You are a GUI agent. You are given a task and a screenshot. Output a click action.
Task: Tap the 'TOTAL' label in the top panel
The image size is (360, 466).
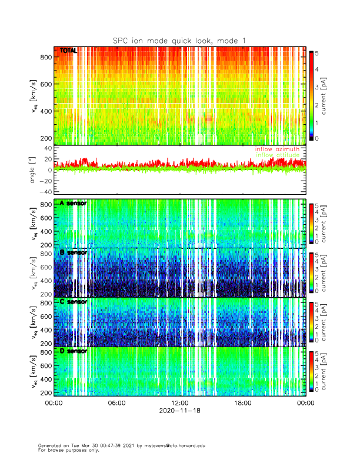pos(69,51)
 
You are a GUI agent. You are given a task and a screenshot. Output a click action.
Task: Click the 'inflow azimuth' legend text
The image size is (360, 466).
pos(277,149)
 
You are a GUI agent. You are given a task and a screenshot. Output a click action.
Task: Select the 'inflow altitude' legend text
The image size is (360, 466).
pos(277,155)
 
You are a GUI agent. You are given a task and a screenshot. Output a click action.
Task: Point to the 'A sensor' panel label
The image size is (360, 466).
pos(74,203)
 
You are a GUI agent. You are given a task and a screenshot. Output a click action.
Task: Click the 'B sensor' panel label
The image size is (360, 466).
pos(74,252)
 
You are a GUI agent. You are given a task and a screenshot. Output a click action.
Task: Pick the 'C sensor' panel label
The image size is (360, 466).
pos(74,302)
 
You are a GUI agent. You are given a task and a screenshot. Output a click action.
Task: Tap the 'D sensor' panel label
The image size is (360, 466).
pos(74,351)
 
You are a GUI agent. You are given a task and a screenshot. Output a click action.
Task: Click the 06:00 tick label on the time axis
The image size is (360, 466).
pos(116,403)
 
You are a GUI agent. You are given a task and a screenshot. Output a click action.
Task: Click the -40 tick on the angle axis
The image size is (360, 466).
pos(46,191)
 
